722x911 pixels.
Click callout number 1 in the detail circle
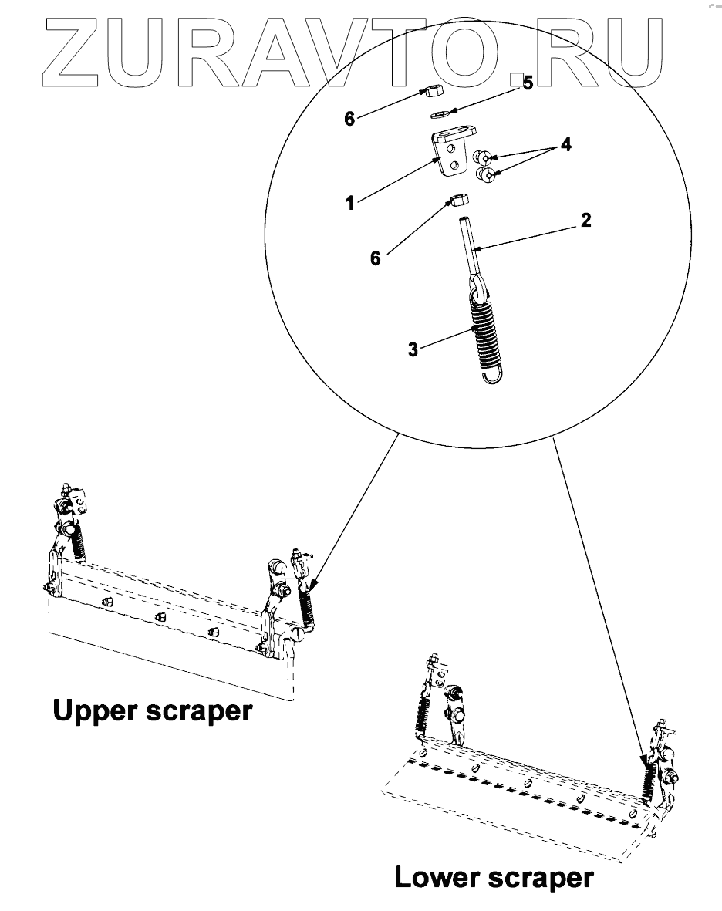(350, 204)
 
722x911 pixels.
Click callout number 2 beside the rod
(586, 221)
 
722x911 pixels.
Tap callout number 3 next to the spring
(413, 349)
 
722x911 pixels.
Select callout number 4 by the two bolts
(566, 143)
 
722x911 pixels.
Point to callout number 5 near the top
(528, 84)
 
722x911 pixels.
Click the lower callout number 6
(376, 258)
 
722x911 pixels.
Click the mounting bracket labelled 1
(447, 154)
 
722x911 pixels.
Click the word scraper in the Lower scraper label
(545, 877)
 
